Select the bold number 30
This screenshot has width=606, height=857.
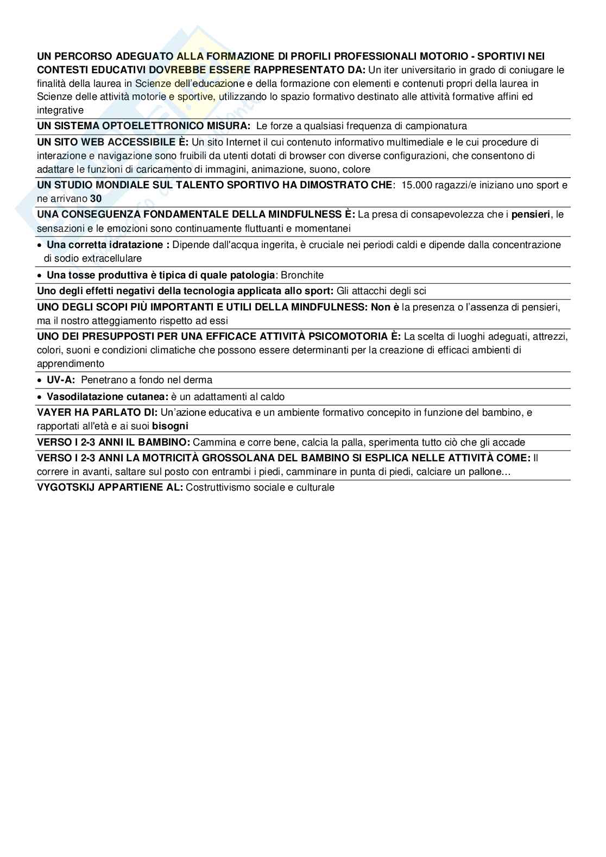point(96,199)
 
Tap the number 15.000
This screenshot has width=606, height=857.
point(416,185)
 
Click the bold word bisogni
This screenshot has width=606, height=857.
point(170,426)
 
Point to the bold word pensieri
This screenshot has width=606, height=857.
point(531,214)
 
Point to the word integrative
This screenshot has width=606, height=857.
point(60,110)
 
